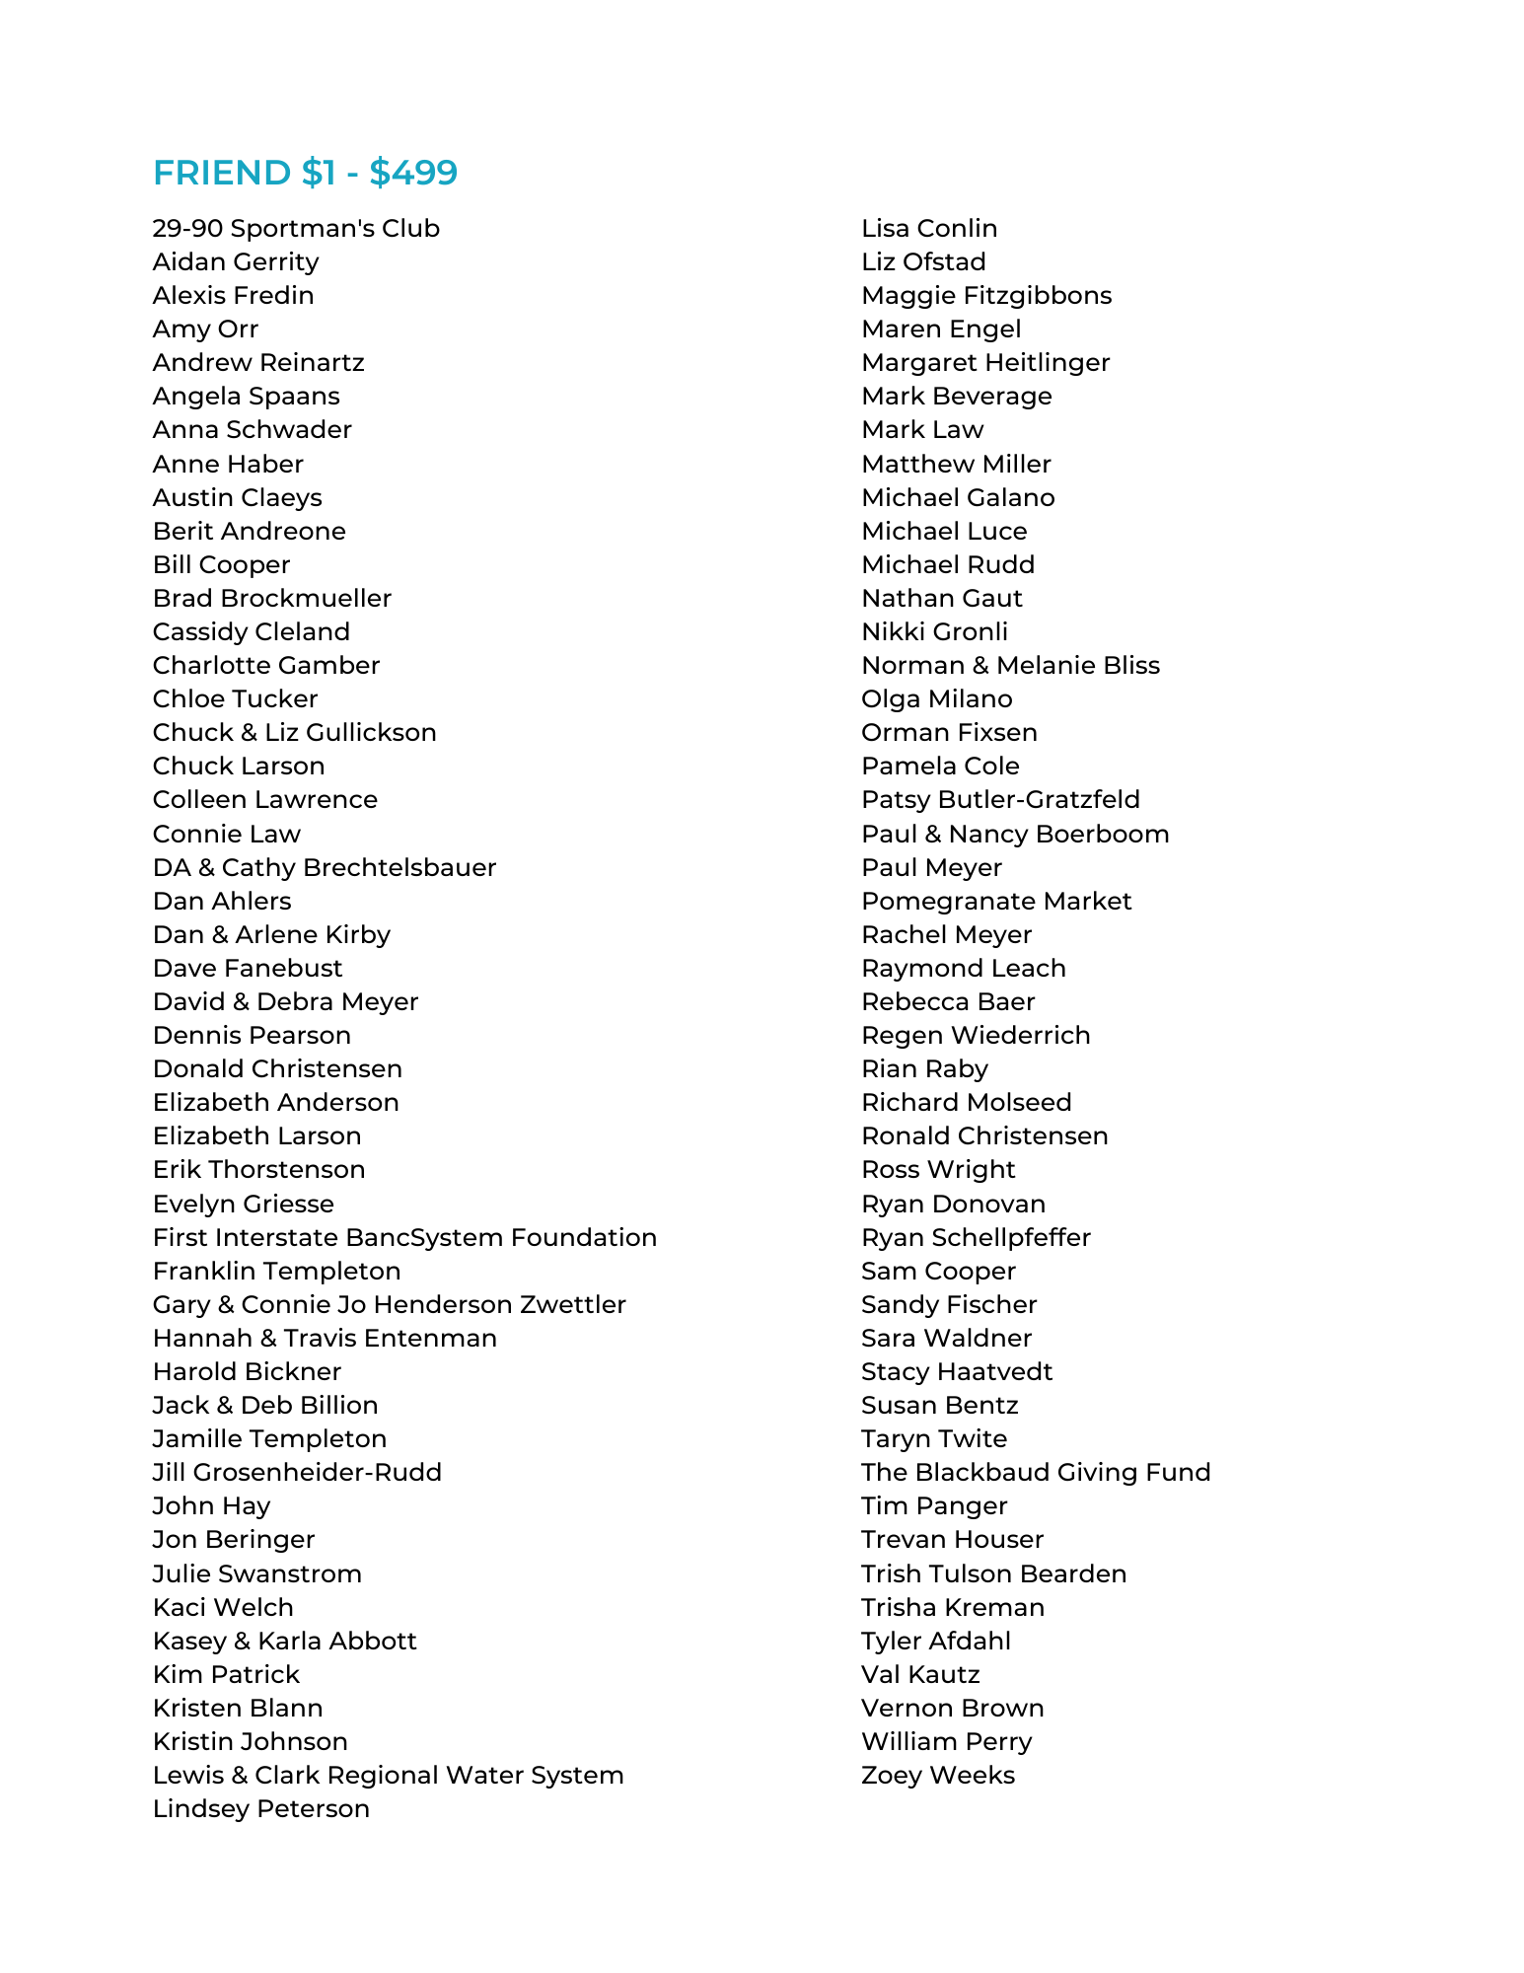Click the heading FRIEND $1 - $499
[305, 173]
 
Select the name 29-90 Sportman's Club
[296, 229]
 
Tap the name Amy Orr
[205, 329]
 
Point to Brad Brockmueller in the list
[272, 599]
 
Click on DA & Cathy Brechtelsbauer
[325, 868]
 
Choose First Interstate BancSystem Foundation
[404, 1238]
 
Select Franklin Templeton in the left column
[276, 1272]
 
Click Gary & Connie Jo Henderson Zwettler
[390, 1305]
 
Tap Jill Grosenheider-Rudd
[297, 1473]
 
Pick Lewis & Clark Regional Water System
[388, 1776]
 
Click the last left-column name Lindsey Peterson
[261, 1809]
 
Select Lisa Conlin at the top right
[929, 229]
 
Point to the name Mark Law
[922, 430]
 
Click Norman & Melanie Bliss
[1010, 666]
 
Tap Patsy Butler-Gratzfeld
[1000, 800]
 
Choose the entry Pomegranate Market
[996, 902]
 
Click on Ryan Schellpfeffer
[976, 1238]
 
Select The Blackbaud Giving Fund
[1036, 1473]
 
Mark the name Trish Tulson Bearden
[993, 1574]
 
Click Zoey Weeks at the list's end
[938, 1776]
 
